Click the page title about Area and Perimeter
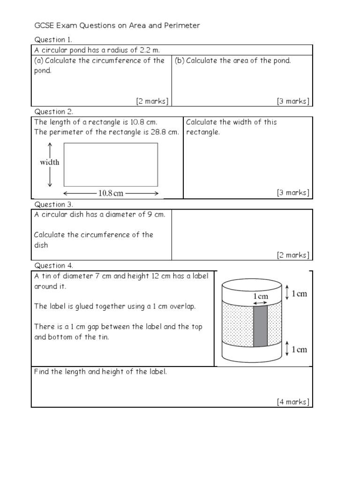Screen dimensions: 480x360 coord(117,25)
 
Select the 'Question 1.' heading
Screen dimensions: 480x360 coord(53,40)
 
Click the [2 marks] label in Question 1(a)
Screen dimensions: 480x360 coord(152,101)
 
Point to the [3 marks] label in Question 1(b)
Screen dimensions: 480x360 coord(293,101)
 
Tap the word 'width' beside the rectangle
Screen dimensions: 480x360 coord(49,162)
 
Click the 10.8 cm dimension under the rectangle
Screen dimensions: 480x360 coord(111,193)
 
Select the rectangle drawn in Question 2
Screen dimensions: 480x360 coord(111,165)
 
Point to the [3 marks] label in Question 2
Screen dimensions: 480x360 coord(293,193)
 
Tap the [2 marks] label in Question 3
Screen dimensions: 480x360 coord(293,255)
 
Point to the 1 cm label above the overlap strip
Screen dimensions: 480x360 coord(261,296)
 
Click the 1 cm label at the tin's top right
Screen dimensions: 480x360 coord(299,293)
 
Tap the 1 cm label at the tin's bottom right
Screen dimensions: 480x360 coord(299,349)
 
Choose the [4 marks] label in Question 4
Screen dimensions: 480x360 coord(293,402)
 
